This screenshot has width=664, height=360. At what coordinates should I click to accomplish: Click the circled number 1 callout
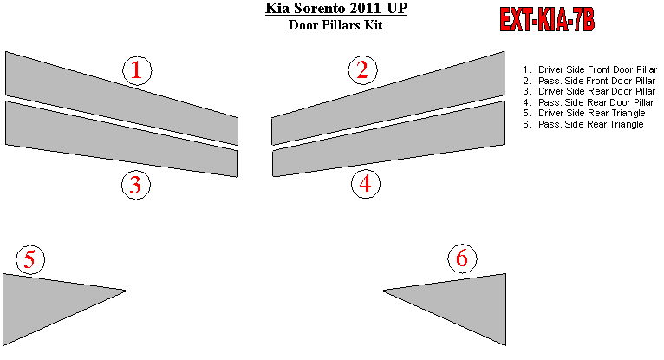point(137,70)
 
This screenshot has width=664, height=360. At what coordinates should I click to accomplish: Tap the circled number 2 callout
point(363,70)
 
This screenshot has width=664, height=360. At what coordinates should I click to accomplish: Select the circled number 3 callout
point(136,185)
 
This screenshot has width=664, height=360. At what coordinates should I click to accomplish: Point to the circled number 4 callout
point(366,184)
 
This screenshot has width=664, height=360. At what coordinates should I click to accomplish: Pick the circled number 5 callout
point(30,259)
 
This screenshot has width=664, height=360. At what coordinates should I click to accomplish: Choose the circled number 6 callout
point(462,259)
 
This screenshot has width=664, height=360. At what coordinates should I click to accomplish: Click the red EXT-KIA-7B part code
point(547,20)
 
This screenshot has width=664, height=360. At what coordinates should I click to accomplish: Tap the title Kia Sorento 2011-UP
point(336,9)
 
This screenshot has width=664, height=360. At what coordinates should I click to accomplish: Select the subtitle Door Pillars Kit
point(335,25)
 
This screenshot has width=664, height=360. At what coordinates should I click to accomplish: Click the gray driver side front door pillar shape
point(121,98)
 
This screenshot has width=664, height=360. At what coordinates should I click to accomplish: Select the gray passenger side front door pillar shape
point(387,98)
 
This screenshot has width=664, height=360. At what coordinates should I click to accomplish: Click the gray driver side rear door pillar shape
point(121,139)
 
